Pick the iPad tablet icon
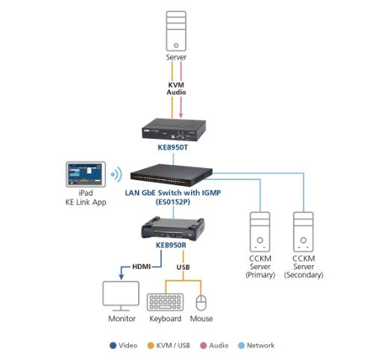[x=87, y=177]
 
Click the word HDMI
[x=141, y=267]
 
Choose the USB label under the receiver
[x=182, y=267]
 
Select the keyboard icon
[x=165, y=301]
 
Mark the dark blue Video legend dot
[x=112, y=345]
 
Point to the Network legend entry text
[x=261, y=345]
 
